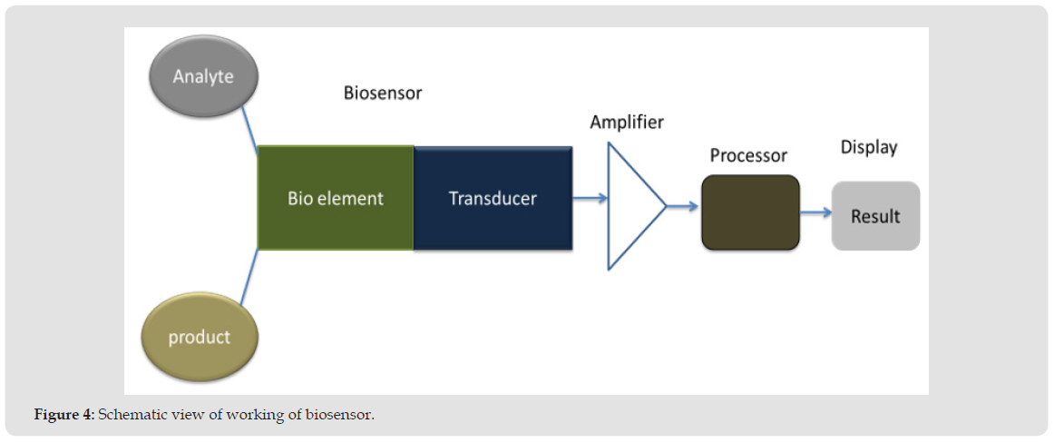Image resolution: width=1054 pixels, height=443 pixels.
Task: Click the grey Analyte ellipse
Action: [204, 77]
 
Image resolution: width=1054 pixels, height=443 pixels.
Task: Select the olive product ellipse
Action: [200, 337]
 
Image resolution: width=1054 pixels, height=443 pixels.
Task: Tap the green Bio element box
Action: [336, 198]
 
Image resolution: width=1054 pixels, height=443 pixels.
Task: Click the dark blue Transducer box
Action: [493, 198]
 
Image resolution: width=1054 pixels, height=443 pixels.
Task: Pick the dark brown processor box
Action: [750, 212]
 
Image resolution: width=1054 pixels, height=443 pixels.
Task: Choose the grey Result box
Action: [875, 216]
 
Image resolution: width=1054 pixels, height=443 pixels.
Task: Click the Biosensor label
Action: [382, 93]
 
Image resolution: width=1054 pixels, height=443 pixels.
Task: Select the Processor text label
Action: [748, 155]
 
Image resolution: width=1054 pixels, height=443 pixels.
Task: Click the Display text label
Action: [868, 147]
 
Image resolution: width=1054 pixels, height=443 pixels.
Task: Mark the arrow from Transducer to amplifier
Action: [590, 197]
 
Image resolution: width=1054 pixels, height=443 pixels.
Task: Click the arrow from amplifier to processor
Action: [683, 207]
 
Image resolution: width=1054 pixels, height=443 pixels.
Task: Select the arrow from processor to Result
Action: [815, 212]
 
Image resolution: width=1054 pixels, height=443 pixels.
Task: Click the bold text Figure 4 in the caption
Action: [63, 415]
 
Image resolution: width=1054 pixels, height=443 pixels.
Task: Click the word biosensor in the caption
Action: [342, 415]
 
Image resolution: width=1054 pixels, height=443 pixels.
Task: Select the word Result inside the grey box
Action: [875, 216]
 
